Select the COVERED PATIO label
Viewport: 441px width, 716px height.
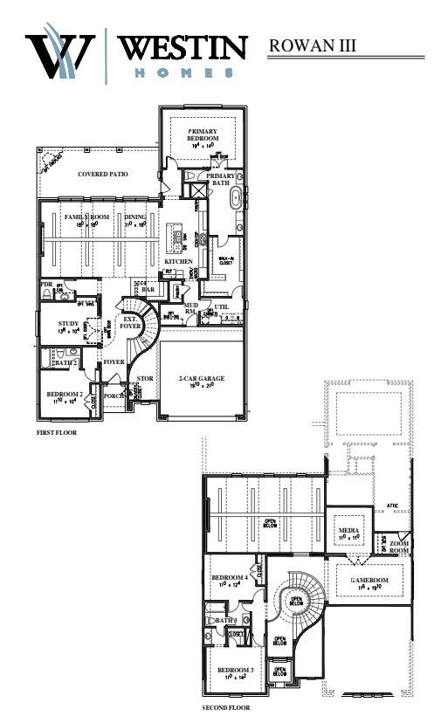tap(103, 174)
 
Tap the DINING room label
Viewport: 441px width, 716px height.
tap(135, 217)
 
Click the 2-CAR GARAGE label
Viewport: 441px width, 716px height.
tap(202, 378)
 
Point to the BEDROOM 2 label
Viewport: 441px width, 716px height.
tap(65, 395)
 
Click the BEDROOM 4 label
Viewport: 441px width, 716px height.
tap(230, 578)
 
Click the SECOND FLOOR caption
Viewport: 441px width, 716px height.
tap(225, 707)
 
